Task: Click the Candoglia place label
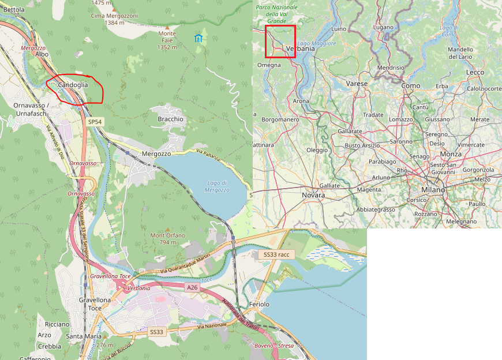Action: [x=73, y=85]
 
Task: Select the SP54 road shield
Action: [x=95, y=122]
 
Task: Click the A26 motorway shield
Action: [x=193, y=287]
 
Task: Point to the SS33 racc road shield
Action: [x=276, y=254]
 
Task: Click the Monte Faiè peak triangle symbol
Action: [x=167, y=27]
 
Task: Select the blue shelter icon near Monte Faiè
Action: [x=198, y=38]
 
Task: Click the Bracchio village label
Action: [x=170, y=119]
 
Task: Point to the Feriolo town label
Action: [x=260, y=304]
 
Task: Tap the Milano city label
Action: [x=433, y=189]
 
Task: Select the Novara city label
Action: [x=313, y=195]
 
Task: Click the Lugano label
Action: [x=383, y=27]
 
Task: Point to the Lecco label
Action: [x=475, y=72]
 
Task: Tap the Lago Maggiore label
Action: [x=316, y=44]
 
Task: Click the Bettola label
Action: [x=14, y=10]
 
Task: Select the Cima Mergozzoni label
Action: [x=114, y=16]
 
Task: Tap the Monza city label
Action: [x=451, y=155]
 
